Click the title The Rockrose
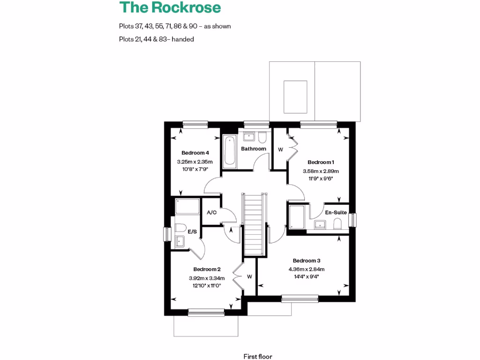pos(170,8)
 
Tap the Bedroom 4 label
pos(195,153)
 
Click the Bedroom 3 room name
pos(307,261)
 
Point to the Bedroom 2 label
pos(207,269)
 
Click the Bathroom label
pos(254,149)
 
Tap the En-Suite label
pos(336,212)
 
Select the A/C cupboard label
pos(211,212)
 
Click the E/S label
pos(192,232)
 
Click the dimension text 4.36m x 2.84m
pos(307,269)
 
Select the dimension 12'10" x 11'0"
pos(207,285)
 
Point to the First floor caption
pos(258,356)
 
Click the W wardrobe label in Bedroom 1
pos(281,150)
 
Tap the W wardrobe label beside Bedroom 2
pos(249,277)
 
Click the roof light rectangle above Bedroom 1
pos(295,97)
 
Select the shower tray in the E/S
pos(187,206)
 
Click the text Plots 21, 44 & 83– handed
pos(157,39)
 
